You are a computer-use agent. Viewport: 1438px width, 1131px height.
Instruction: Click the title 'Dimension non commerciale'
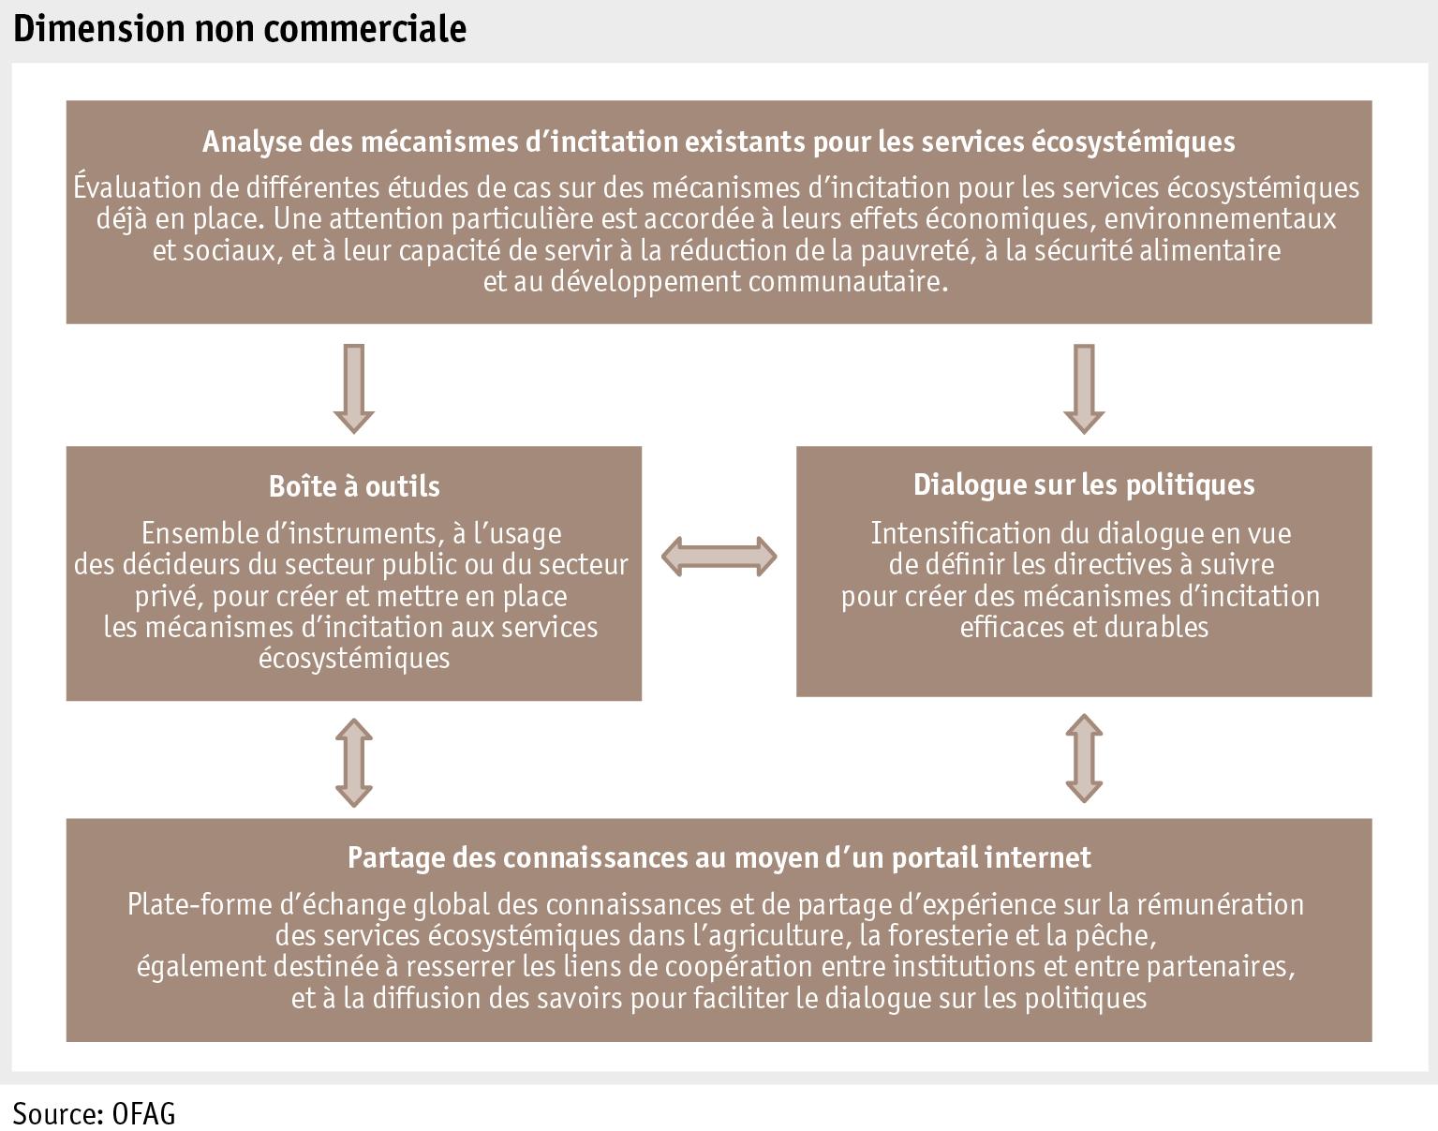point(240,28)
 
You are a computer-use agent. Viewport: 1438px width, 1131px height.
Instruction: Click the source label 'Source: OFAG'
point(94,1113)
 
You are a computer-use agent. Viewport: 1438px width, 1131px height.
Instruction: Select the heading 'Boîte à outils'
point(354,485)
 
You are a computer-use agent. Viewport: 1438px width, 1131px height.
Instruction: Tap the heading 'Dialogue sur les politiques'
point(1084,484)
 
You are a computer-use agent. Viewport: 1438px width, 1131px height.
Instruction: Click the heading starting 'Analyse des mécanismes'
point(719,141)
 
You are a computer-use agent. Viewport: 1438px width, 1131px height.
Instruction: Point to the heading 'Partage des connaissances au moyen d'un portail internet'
point(719,857)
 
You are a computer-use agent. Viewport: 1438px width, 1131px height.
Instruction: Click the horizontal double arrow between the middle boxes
point(719,557)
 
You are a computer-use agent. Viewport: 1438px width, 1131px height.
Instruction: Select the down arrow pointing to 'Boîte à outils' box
point(354,387)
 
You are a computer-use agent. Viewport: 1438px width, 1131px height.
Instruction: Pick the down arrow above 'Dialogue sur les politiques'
point(1084,387)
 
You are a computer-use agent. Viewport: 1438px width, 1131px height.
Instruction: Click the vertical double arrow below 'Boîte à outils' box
point(354,761)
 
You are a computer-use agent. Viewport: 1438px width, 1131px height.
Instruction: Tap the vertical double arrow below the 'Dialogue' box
point(1084,758)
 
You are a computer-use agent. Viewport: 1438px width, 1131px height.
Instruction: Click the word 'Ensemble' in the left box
point(195,534)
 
